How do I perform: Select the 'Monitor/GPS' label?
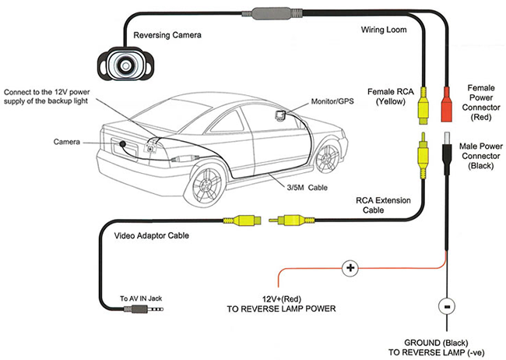point(331,102)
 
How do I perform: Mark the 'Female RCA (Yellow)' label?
point(392,97)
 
